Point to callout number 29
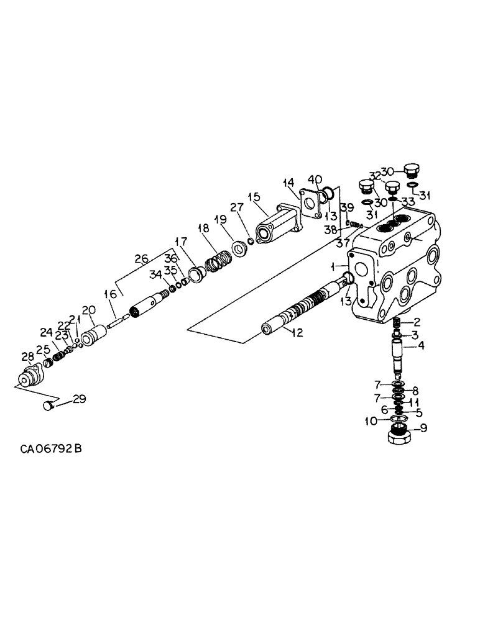(x=78, y=399)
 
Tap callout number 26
(x=142, y=258)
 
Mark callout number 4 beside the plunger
(x=420, y=345)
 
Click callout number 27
(x=237, y=209)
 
